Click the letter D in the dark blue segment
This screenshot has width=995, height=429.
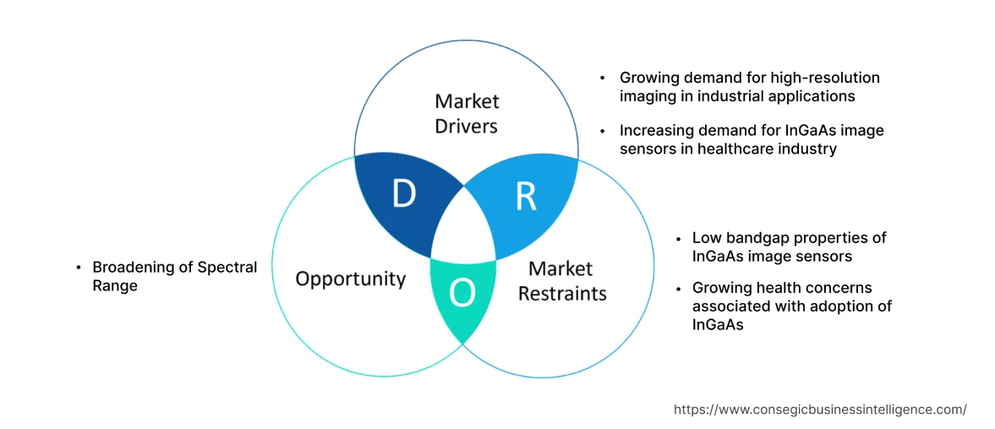click(x=404, y=195)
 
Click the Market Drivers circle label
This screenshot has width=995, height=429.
click(x=467, y=114)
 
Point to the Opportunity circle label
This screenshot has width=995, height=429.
click(x=350, y=279)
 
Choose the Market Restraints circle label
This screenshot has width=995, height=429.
click(x=561, y=281)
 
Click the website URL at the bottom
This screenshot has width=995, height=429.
click(x=819, y=410)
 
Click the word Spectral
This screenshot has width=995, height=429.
click(x=227, y=268)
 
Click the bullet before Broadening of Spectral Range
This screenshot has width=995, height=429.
click(x=78, y=268)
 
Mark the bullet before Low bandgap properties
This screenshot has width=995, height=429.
click(x=678, y=238)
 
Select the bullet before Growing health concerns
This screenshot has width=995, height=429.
click(x=678, y=288)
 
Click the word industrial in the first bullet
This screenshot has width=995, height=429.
click(x=724, y=96)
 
